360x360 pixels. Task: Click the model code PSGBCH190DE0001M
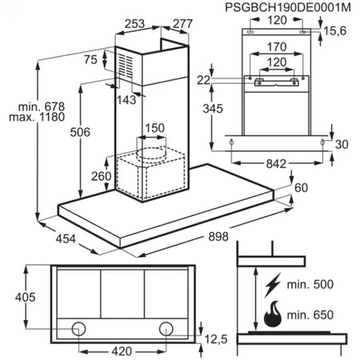[288, 7]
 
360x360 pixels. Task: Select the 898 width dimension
[218, 236]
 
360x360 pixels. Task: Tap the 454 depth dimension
[66, 238]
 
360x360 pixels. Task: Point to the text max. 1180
[37, 117]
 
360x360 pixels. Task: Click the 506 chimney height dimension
[80, 132]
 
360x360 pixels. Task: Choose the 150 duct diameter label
[154, 128]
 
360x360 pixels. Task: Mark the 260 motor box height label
[101, 176]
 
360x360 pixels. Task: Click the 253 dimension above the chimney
[134, 24]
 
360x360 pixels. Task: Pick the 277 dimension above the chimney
[182, 24]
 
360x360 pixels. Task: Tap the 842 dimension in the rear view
[276, 163]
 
